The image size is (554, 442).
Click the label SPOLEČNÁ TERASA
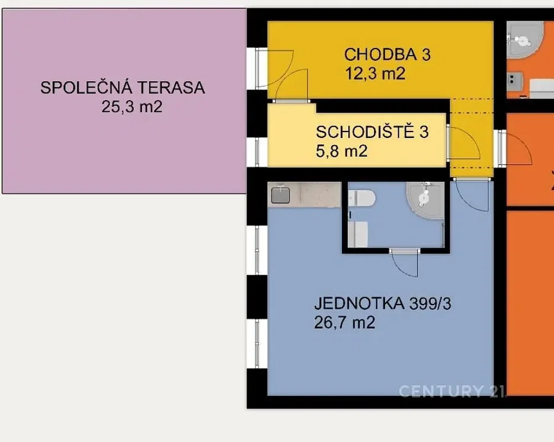(123, 87)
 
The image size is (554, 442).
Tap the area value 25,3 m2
(132, 106)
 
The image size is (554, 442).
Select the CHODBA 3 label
(388, 55)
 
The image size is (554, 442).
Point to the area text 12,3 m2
(375, 74)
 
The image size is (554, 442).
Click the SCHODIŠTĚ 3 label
(372, 132)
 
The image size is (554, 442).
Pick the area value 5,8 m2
(342, 151)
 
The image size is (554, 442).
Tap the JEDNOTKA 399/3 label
(383, 303)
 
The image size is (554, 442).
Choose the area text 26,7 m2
(344, 322)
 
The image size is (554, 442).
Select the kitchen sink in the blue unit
(280, 196)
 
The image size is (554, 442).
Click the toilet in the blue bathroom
(361, 198)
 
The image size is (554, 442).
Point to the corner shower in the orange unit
(525, 40)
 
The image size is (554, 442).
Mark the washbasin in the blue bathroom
(357, 234)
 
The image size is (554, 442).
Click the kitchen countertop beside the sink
(315, 195)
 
